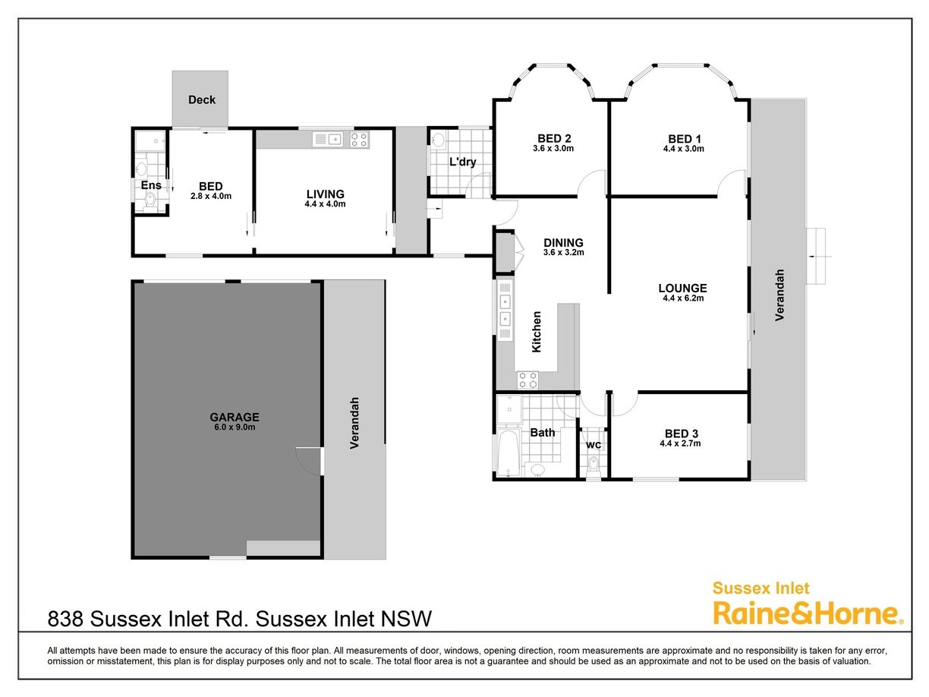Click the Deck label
tap(201, 100)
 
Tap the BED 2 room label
tap(554, 138)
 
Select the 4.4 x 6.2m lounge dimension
tap(683, 298)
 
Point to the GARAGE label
tap(235, 418)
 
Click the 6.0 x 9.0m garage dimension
tap(235, 427)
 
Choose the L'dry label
tap(462, 162)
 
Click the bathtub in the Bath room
tap(508, 452)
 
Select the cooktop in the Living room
tap(359, 140)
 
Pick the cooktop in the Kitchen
tap(527, 380)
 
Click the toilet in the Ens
tap(150, 200)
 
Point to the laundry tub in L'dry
tap(439, 140)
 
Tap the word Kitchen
tap(537, 332)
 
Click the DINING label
tap(563, 242)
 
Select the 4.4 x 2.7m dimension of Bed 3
tap(680, 443)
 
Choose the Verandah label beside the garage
tap(354, 423)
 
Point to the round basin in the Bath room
tap(537, 469)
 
